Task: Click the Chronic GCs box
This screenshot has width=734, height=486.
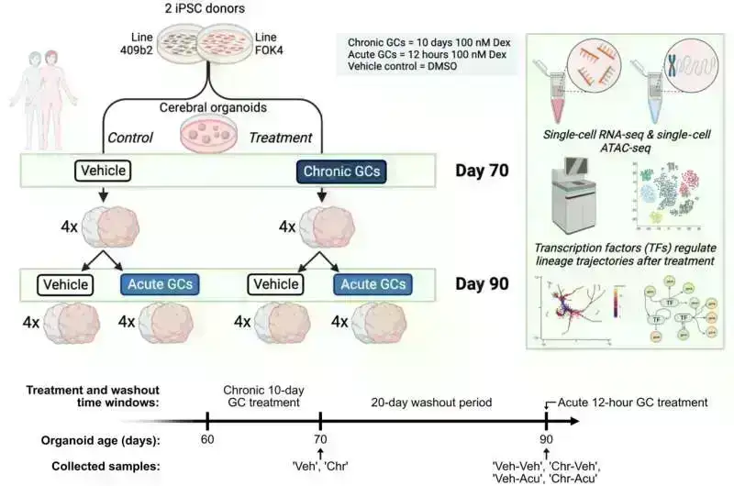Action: click(339, 171)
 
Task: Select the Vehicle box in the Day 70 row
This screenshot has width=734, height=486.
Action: click(102, 170)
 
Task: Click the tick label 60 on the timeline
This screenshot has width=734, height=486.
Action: click(208, 437)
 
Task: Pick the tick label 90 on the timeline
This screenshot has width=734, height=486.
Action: click(546, 437)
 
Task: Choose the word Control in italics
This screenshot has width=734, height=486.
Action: click(130, 138)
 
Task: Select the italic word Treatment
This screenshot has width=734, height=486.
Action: click(282, 138)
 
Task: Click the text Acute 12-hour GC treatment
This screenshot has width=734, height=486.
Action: click(632, 403)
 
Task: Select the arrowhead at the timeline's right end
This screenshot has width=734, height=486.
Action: click(576, 422)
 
